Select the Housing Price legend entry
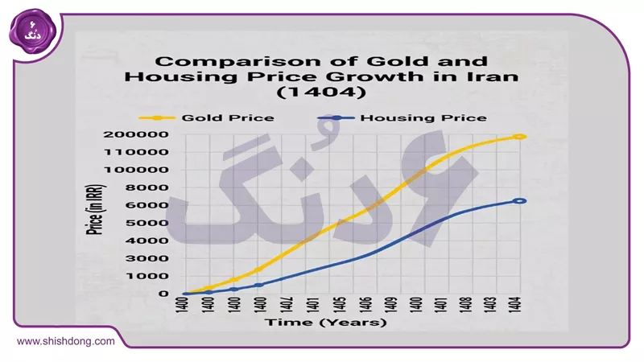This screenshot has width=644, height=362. [410, 117]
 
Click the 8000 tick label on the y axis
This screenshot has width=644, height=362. [153, 187]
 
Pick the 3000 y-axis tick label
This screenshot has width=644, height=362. [153, 258]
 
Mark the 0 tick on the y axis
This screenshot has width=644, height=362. [163, 294]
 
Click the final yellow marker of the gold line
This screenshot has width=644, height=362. [520, 137]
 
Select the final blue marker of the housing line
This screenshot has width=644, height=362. [520, 201]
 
